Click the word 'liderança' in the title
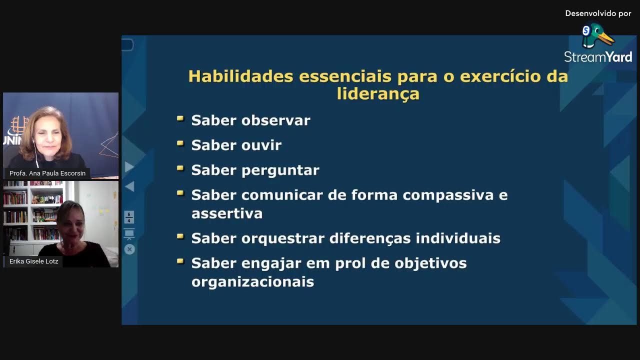(x=378, y=94)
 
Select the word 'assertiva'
(x=226, y=213)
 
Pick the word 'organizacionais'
(x=252, y=281)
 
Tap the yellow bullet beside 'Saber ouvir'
(x=180, y=144)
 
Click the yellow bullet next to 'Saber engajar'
(x=180, y=261)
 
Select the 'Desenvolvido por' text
(x=598, y=13)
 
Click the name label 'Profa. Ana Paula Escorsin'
(x=47, y=173)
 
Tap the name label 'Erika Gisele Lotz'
(x=34, y=261)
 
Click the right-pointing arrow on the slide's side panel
(x=129, y=166)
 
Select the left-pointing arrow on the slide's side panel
(x=129, y=186)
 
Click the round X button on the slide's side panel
(x=129, y=249)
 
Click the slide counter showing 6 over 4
(x=129, y=217)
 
